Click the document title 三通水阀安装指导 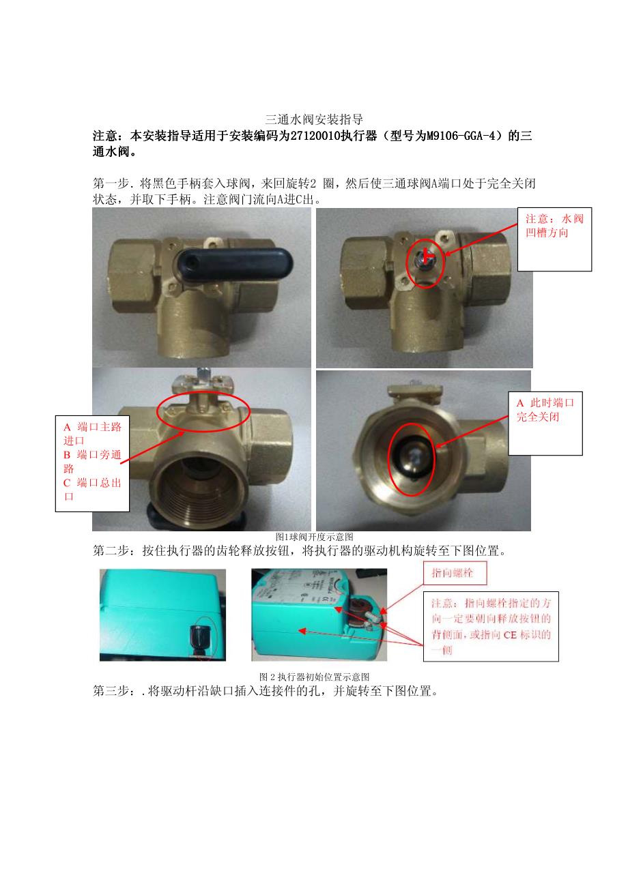[314, 119]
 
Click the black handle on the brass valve [234, 263]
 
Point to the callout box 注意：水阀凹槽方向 [554, 239]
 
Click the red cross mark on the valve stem [425, 256]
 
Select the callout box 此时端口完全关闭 [545, 424]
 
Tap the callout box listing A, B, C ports [92, 463]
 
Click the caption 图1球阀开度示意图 [314, 537]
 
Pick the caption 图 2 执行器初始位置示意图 [314, 677]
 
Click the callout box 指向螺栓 [455, 573]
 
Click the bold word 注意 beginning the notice [104, 136]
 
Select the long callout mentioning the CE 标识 [491, 627]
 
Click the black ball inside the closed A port [412, 458]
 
